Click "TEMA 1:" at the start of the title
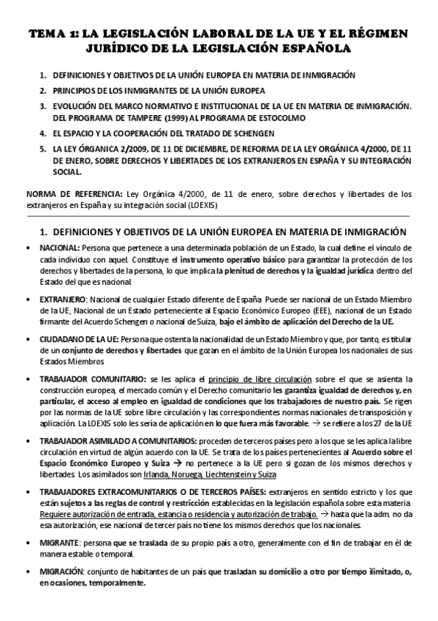tap(52, 34)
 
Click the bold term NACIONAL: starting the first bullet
tap(60, 249)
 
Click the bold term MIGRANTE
tap(61, 543)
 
